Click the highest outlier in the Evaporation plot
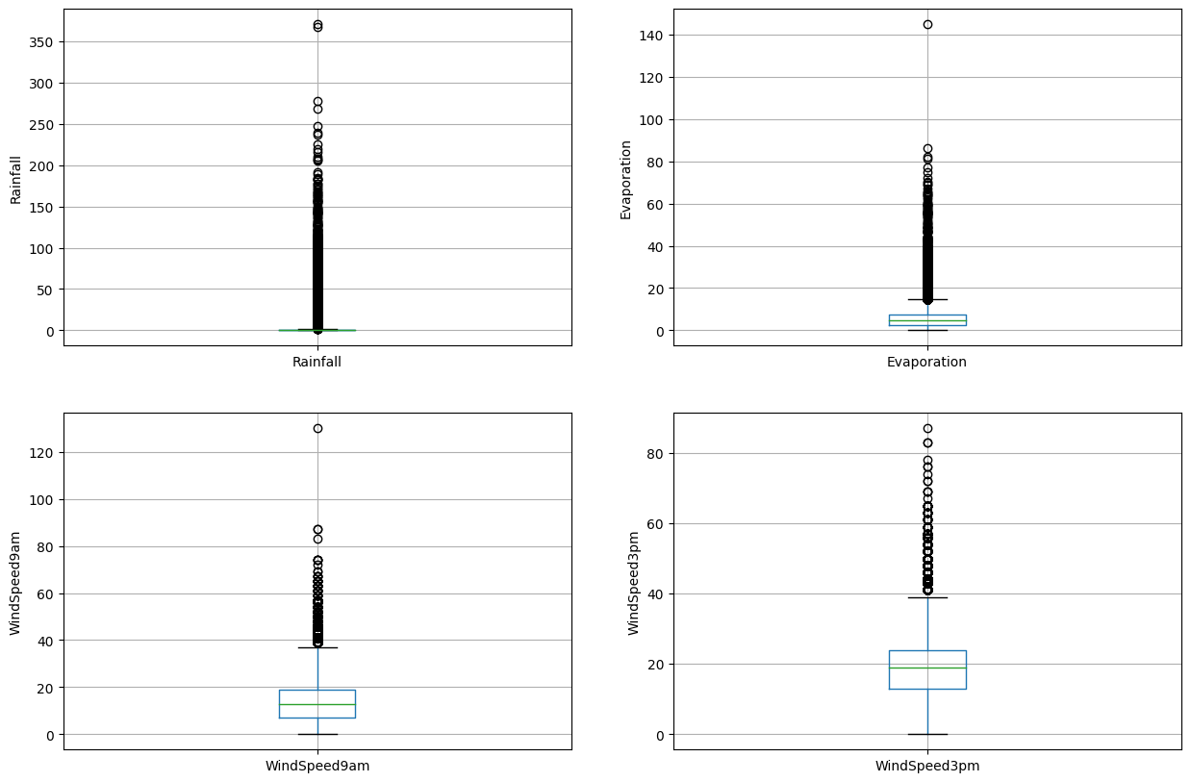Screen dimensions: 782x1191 [927, 24]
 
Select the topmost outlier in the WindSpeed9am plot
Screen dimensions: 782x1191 [317, 428]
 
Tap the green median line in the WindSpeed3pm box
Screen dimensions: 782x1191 [927, 668]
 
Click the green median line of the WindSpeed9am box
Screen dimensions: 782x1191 [317, 704]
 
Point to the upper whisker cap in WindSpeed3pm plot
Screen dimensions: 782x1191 [927, 597]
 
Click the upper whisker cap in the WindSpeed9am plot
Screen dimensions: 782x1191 [317, 647]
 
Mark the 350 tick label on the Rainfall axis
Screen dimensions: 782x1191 [42, 42]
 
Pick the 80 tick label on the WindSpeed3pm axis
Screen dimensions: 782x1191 [656, 454]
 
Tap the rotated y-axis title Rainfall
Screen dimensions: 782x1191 [15, 180]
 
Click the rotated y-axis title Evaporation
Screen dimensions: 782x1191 [626, 180]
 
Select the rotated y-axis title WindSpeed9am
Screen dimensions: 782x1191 [15, 583]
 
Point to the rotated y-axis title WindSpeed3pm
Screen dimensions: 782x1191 [634, 583]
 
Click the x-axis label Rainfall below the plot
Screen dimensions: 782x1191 [317, 363]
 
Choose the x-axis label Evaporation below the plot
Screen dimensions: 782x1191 [927, 363]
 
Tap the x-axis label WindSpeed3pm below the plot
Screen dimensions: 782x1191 [927, 767]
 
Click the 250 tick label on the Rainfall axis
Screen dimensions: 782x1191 [42, 125]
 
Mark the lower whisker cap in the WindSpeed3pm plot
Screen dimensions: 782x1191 [927, 734]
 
